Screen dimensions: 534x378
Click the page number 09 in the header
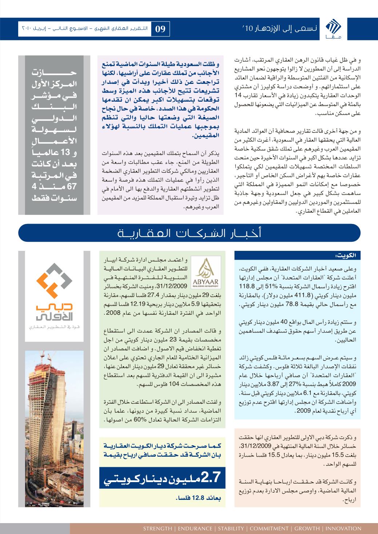160,29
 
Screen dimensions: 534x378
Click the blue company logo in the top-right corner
331,28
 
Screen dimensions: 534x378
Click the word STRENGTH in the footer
157,529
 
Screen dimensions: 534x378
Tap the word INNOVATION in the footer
343,529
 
